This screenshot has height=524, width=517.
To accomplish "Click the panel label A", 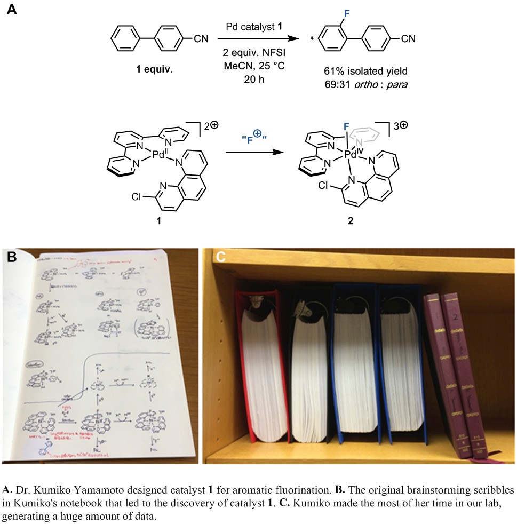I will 11,10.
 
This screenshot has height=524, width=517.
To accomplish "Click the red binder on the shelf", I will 262,368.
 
